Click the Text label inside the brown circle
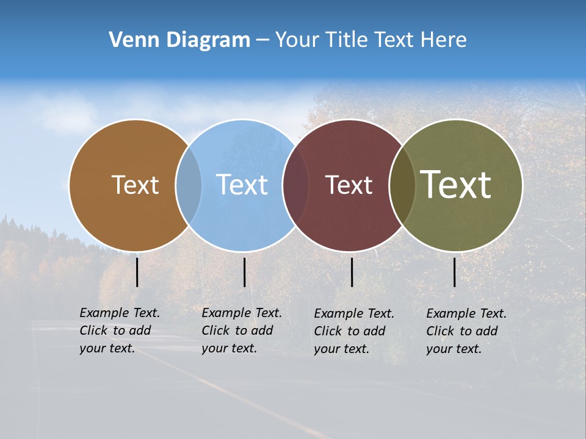[x=135, y=185]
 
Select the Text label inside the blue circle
[x=242, y=185]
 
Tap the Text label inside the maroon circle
[x=349, y=185]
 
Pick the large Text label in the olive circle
[x=456, y=184]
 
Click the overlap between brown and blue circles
[x=189, y=185]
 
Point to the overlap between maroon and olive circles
[x=402, y=185]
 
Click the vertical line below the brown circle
[x=137, y=272]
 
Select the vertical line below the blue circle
[x=244, y=272]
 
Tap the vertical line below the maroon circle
[x=352, y=272]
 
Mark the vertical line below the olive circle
[x=455, y=272]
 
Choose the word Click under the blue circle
[x=215, y=330]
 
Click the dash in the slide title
[x=262, y=40]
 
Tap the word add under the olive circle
[x=487, y=331]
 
